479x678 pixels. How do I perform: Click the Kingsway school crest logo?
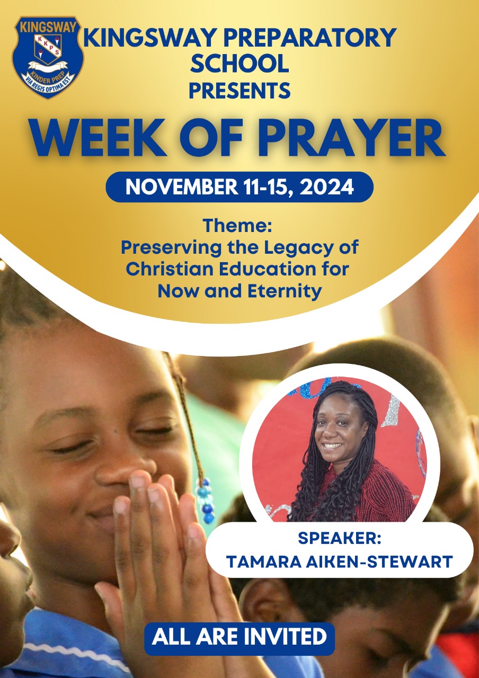(x=48, y=57)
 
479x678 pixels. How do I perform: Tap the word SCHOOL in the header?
(x=239, y=64)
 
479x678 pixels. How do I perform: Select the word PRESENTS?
(x=239, y=90)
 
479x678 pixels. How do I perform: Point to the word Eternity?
(x=280, y=290)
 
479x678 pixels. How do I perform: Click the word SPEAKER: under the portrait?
(x=339, y=539)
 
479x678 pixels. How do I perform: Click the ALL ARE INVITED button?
(x=239, y=636)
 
